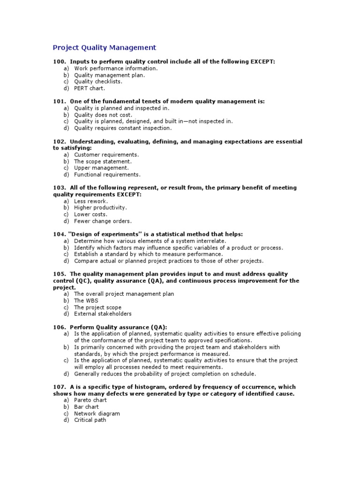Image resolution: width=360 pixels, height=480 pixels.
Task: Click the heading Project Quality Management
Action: [104, 47]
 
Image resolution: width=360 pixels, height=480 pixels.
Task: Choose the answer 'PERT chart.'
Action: [90, 88]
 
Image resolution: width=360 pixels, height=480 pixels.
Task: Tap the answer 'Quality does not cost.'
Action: [103, 115]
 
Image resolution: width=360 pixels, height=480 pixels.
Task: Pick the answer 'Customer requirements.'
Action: [106, 155]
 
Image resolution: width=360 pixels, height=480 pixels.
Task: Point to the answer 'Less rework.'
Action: [91, 201]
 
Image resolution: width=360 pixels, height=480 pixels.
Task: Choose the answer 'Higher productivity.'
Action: [100, 208]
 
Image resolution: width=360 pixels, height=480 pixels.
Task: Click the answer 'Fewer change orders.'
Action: [103, 221]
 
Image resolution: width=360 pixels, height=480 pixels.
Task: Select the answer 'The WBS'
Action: [86, 300]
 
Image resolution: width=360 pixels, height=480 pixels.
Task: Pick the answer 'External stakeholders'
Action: [103, 314]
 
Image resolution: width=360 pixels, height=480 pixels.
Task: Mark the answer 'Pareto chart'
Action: [90, 400]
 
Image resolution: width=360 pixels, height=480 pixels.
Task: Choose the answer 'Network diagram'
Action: [97, 414]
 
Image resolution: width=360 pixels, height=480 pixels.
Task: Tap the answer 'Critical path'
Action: [90, 420]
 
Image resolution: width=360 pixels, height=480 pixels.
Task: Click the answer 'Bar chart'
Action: [86, 407]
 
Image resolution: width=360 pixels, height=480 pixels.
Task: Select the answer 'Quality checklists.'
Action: [98, 82]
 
